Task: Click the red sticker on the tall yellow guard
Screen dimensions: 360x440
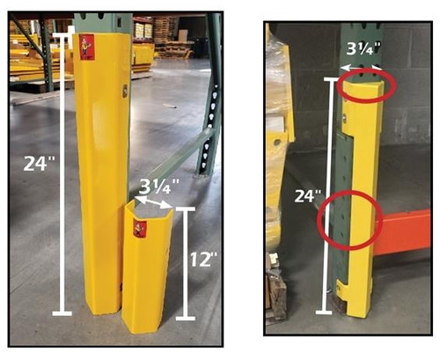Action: tap(86, 47)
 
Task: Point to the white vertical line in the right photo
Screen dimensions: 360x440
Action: tap(331, 195)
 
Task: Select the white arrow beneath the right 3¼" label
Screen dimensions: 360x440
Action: tap(362, 66)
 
